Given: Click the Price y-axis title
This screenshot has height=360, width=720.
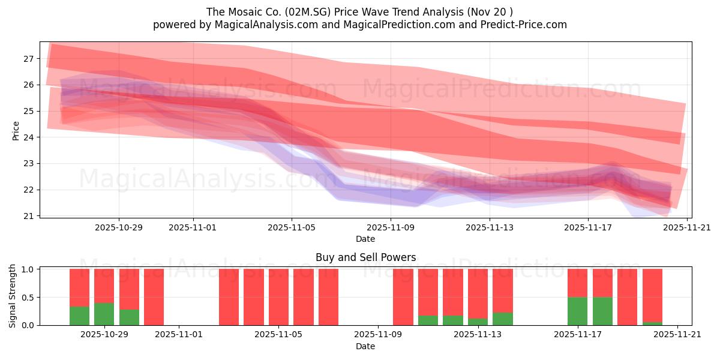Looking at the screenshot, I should (16, 130).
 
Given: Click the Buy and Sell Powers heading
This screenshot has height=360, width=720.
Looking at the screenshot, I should (365, 257).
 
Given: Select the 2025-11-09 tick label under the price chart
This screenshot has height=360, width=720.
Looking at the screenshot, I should (391, 227).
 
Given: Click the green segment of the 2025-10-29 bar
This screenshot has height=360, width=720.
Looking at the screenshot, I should (104, 314).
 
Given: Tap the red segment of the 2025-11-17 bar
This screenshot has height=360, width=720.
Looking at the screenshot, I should (577, 283).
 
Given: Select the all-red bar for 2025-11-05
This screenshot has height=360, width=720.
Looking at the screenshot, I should (278, 297).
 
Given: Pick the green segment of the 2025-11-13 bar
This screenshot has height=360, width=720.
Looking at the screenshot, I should (478, 322).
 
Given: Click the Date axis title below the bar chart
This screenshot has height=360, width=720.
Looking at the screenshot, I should (365, 346).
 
